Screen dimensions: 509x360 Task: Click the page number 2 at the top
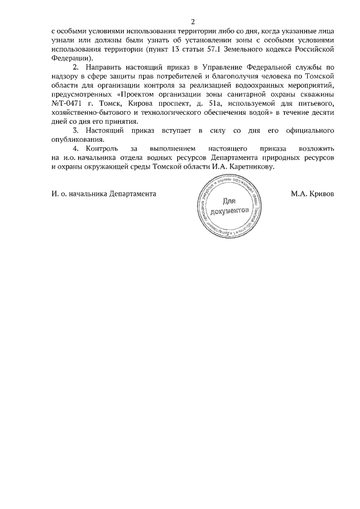point(193,22)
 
